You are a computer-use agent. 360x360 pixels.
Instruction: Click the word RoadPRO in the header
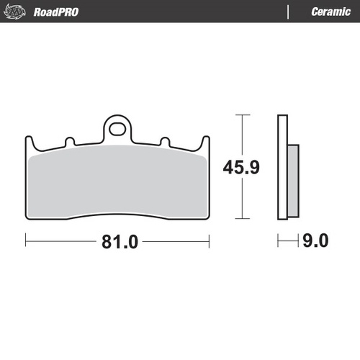point(55,12)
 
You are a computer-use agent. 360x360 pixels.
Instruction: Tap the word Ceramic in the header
point(330,12)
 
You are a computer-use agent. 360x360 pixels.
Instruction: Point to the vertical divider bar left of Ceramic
point(289,12)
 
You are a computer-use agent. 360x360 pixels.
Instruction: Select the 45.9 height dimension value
point(239,168)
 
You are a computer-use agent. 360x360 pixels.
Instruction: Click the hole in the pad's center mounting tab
point(117,130)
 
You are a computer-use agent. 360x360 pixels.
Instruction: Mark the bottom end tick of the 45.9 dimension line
point(240,218)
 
